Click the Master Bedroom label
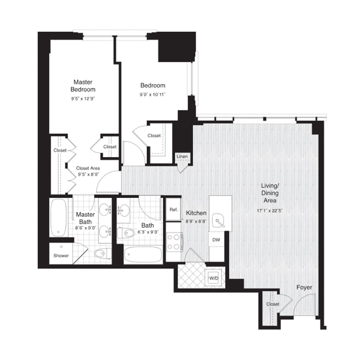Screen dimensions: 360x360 pos(83,86)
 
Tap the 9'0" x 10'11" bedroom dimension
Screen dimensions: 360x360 pos(152,94)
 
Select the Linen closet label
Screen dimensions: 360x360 pos(182,156)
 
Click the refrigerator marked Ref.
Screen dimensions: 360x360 pos(174,209)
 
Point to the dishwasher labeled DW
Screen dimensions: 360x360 pos(216,240)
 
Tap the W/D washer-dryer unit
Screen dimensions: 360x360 pos(214,278)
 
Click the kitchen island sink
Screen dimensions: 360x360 pos(218,221)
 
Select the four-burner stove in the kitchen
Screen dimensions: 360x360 pos(174,242)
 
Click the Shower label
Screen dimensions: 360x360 pos(61,256)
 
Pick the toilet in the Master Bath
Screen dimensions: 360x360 pos(100,254)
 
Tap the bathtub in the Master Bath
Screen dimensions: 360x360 pos(58,217)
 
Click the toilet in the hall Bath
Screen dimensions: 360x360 pos(126,233)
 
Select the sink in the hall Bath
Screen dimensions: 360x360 pos(123,210)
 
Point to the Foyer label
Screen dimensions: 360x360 pos(304,288)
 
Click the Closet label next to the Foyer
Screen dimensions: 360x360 pos(273,304)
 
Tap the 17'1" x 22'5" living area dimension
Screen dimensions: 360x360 pos(270,210)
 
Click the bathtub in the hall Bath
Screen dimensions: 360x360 pos(143,254)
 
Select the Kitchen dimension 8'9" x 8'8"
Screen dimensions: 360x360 pos(196,222)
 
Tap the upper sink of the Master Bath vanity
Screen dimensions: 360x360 pos(106,209)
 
